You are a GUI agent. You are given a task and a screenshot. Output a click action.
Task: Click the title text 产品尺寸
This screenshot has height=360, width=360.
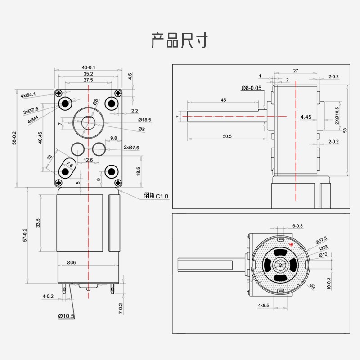[x=180, y=40]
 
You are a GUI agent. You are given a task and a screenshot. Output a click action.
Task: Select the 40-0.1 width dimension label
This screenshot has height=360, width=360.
[x=89, y=67]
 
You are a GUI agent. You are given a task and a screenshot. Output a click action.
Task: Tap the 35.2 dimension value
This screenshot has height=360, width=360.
[x=88, y=74]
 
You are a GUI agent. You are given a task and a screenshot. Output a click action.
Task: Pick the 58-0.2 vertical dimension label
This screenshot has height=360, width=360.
[x=14, y=138]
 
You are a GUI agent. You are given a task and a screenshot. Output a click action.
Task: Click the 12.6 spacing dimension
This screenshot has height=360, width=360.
[x=88, y=160]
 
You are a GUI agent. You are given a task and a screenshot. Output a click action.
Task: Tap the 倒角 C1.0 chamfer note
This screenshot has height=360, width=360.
[x=156, y=196]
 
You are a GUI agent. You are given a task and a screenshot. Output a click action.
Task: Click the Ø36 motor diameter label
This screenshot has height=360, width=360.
[x=71, y=262]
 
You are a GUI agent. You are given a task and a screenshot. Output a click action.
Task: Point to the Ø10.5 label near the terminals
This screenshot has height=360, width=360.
[x=66, y=316]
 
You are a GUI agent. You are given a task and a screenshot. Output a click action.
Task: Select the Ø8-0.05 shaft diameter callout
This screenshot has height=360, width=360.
[x=251, y=88]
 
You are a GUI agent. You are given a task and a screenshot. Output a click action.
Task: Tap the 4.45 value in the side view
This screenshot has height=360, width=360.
[x=306, y=117]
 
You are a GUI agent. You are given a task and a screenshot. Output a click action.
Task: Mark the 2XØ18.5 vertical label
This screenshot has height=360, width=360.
[x=337, y=115]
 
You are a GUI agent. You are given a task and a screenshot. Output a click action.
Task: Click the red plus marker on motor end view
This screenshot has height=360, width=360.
[x=291, y=244]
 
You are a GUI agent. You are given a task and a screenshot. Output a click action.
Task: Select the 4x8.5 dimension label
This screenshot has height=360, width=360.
[x=263, y=306]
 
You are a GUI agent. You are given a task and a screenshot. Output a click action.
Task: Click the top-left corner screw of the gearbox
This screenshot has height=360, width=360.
[x=58, y=93]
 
